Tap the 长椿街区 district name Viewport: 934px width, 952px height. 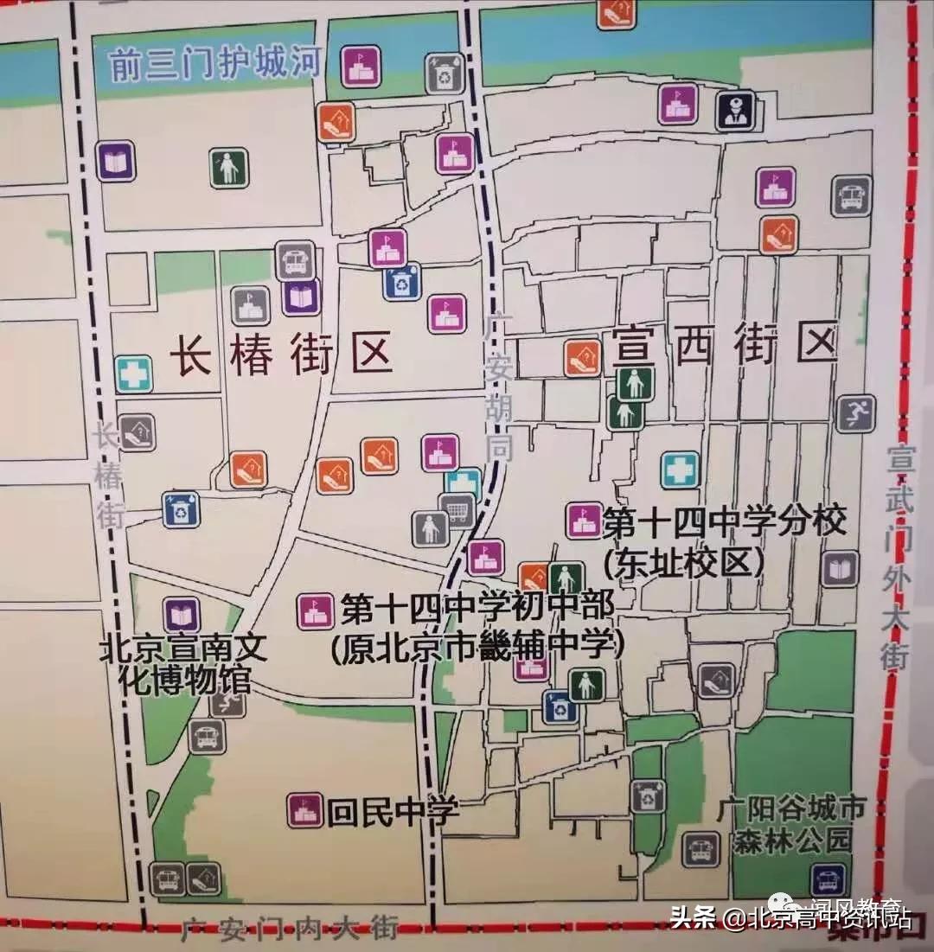pyautogui.click(x=281, y=354)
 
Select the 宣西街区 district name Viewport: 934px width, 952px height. pyautogui.click(x=725, y=343)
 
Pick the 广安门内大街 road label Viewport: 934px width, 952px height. pyautogui.click(x=290, y=929)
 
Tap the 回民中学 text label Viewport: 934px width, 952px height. pyautogui.click(x=392, y=811)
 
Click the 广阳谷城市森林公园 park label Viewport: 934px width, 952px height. pyautogui.click(x=791, y=825)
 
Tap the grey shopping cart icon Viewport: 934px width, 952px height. pyautogui.click(x=457, y=511)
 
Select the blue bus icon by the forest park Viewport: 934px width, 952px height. pyautogui.click(x=828, y=880)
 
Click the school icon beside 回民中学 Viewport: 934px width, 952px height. pyautogui.click(x=304, y=810)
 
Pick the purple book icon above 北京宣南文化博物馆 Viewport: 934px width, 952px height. pyautogui.click(x=182, y=615)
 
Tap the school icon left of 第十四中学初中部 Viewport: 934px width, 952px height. pyautogui.click(x=315, y=611)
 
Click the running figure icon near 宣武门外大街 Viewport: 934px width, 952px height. pyautogui.click(x=855, y=414)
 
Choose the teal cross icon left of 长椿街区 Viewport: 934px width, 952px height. pyautogui.click(x=134, y=374)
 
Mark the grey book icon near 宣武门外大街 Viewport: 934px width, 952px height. pyautogui.click(x=839, y=569)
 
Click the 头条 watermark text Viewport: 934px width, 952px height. pyautogui.click(x=694, y=917)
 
